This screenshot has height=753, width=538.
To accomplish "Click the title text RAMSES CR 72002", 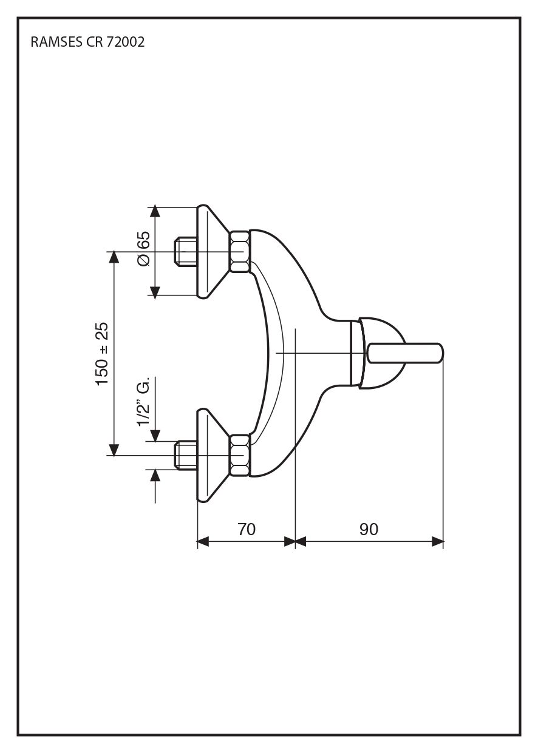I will coord(87,42).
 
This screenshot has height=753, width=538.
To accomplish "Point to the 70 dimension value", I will coord(246,529).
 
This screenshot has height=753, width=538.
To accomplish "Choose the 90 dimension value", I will coord(369,529).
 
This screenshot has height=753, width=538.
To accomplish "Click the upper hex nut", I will coord(239,251).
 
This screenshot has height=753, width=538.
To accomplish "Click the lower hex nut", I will coord(239,455).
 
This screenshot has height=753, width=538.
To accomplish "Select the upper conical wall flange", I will coord(213,251).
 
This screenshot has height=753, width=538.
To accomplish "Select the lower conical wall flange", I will coord(213,455).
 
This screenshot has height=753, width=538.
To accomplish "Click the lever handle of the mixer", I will coord(404,353).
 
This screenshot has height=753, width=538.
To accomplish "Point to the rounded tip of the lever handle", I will coord(440,353).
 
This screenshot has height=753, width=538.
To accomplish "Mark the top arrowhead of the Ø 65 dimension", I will coord(155,212).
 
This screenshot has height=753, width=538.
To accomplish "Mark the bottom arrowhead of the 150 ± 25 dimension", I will coord(113,450).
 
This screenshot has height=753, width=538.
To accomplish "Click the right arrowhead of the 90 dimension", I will coord(438,541).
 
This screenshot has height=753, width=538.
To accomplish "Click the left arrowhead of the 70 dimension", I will coord(203,541).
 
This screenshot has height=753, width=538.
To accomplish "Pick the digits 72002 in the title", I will coord(126,42).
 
